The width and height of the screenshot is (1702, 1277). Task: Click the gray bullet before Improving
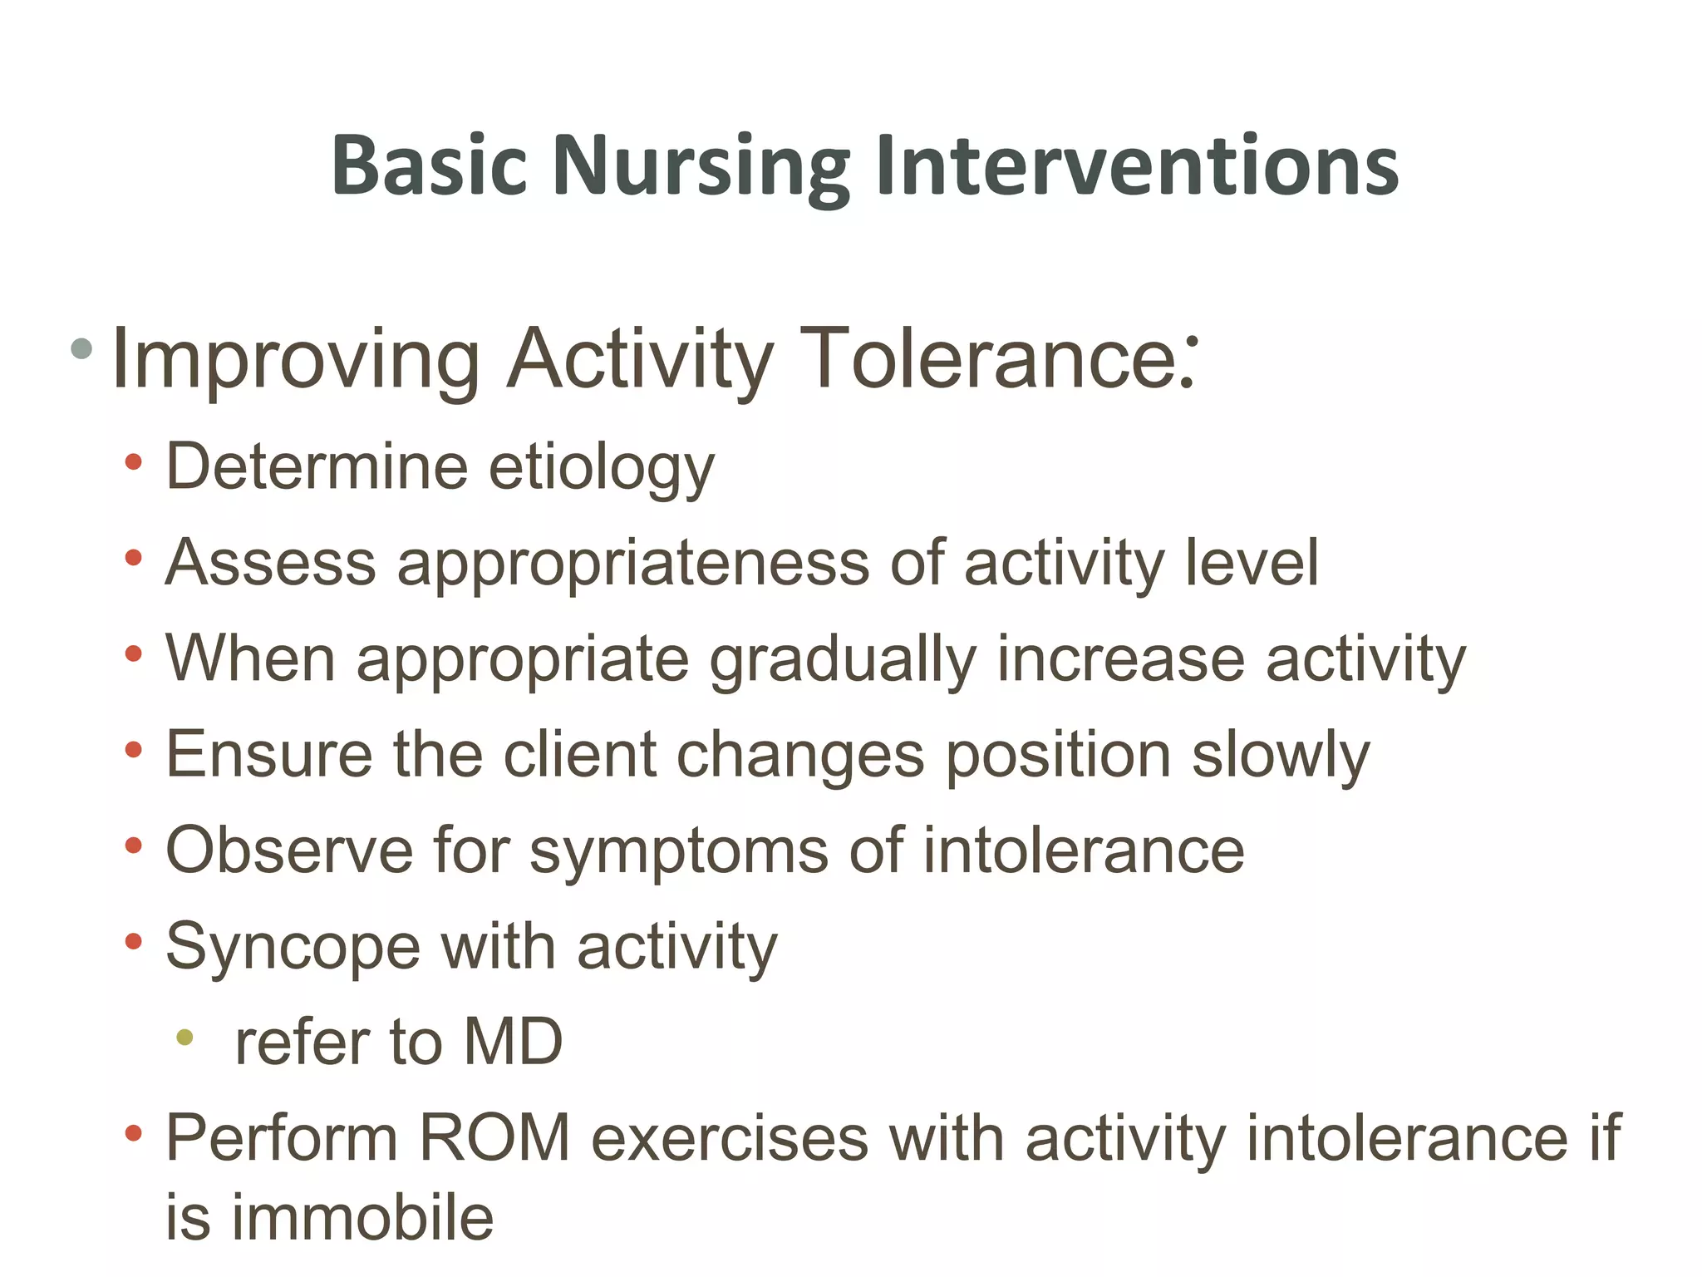click(81, 348)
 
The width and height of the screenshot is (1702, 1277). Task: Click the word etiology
click(601, 467)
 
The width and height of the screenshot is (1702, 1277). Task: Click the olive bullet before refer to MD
click(184, 1038)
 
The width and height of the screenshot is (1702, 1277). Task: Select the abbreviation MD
click(513, 1043)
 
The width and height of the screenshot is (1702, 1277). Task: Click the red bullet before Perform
click(133, 1133)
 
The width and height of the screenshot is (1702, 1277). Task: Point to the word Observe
click(289, 851)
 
